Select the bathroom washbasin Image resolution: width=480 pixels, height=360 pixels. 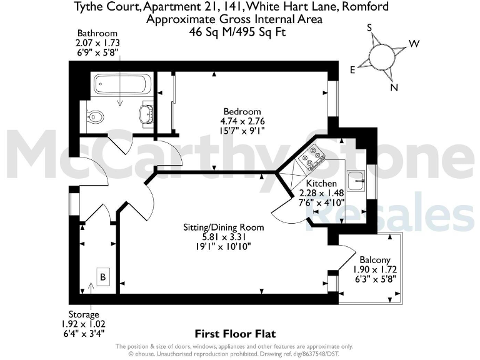coord(146,114)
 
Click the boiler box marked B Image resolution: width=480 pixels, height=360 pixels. coord(101,276)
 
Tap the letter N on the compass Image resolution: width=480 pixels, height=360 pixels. coord(394,87)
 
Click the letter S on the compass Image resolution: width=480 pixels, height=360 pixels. coord(370,27)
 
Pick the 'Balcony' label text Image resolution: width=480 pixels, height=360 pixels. coord(375,260)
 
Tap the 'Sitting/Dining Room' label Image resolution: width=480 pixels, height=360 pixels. coord(223,227)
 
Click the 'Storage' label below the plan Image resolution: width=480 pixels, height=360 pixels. coord(83,314)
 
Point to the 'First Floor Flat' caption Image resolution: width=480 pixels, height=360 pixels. coord(235,334)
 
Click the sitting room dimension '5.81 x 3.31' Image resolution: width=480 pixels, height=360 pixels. coord(223,237)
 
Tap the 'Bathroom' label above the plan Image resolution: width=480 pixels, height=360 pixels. coord(97,33)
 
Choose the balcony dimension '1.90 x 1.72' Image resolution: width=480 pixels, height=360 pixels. coord(375,269)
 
